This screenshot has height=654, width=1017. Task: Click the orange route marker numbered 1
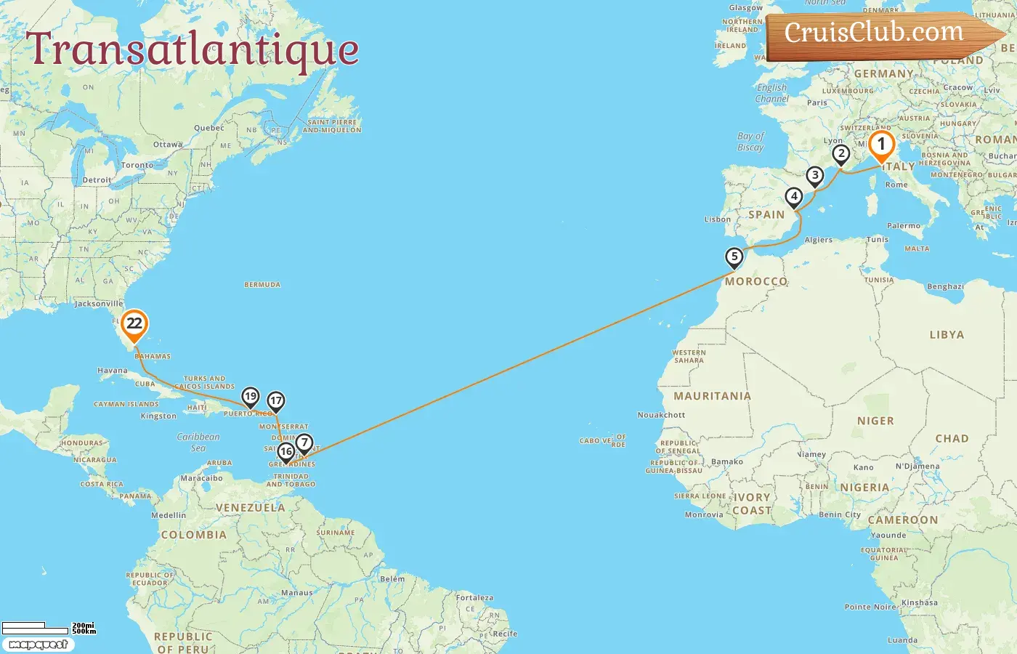[x=881, y=145]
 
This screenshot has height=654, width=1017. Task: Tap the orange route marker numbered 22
[x=134, y=324]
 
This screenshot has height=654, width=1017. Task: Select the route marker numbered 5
[x=734, y=257]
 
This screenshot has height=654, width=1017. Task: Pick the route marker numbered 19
[x=251, y=397]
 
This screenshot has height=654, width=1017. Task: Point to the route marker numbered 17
[x=275, y=401]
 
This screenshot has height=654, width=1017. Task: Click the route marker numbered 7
[x=304, y=443]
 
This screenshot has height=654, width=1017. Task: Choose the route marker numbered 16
[x=286, y=452]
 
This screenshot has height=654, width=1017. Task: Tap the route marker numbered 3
[x=815, y=176]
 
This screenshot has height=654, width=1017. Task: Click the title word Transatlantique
[x=193, y=49]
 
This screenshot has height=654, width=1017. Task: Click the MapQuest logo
[x=38, y=645]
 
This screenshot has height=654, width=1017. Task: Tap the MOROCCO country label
[x=756, y=281]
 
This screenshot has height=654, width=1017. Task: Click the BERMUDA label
[x=262, y=285]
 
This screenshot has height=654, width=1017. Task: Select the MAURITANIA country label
[x=712, y=396]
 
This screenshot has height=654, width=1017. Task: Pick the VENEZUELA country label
[x=251, y=508]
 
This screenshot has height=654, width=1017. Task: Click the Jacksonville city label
[x=99, y=304]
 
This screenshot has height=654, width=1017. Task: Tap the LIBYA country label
[x=947, y=335]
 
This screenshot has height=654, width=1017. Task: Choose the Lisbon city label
[x=718, y=219]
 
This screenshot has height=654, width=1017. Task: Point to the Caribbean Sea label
[x=198, y=442]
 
